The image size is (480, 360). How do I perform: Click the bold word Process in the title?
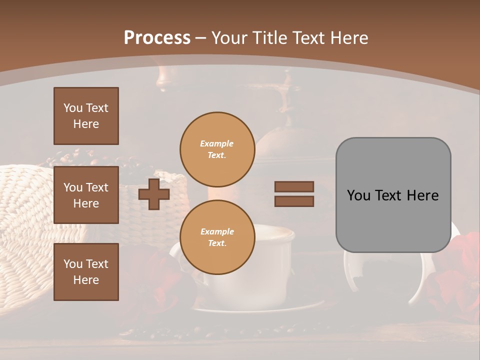157,37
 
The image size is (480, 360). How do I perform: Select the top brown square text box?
86,116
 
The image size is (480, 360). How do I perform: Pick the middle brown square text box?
86,195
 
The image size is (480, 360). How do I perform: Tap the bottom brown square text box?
86,272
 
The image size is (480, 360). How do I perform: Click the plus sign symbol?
154,194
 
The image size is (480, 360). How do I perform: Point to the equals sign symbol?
294,194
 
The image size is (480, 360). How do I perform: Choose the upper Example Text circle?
217,149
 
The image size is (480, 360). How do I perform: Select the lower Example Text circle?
217,237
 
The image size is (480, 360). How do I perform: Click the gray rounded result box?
393,195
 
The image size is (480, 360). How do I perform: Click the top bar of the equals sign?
294,187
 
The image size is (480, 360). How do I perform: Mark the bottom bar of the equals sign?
294,201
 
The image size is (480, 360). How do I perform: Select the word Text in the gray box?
392,195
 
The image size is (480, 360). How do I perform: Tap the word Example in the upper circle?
217,143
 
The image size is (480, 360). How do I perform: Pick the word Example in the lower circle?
217,231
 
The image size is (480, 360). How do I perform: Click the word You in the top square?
73,108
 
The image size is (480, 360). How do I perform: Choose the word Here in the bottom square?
86,280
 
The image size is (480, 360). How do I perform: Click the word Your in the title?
229,37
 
